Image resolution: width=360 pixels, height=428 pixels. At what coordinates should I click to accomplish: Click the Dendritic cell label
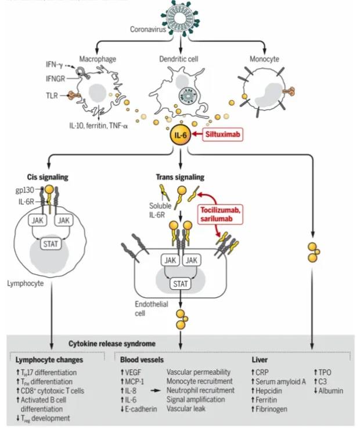click(179, 59)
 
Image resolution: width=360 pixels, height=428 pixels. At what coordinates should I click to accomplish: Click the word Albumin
click(332, 390)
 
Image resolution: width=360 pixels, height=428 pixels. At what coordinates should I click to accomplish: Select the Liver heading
click(260, 359)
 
